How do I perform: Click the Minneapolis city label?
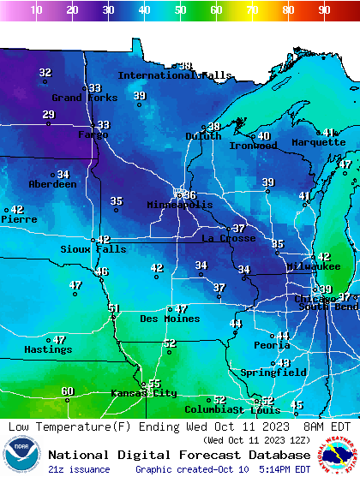180,206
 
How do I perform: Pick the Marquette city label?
318,142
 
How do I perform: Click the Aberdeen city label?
52,184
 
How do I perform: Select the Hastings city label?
48,349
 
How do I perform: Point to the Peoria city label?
272,345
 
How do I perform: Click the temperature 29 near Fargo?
48,115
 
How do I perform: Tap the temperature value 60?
68,391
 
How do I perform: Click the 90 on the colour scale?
324,10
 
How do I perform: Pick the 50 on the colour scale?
180,10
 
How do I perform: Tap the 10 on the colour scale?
36,10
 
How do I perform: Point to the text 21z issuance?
79,469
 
